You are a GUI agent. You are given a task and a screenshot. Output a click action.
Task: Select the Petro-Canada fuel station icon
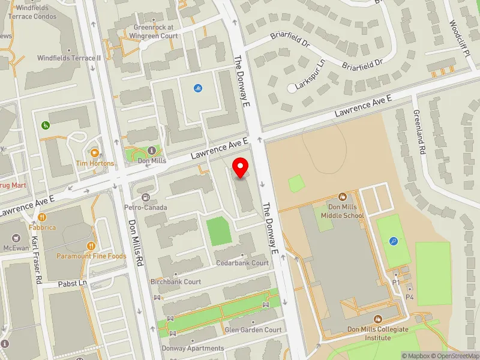pos(145,197)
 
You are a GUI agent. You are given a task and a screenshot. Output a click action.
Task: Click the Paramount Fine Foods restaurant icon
pos(91,245)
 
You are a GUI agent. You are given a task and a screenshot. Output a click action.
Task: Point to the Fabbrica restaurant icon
pos(33,218)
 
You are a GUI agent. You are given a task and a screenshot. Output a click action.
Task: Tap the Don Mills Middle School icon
pos(342,197)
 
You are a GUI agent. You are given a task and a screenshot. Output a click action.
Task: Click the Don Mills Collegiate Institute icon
pos(377,320)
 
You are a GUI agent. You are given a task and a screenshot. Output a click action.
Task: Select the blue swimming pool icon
pos(197,88)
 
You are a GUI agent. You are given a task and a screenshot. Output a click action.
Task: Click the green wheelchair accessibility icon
pos(45,125)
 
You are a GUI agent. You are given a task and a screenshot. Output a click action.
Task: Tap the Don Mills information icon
pos(151,150)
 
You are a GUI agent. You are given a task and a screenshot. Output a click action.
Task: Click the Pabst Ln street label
pos(73,283)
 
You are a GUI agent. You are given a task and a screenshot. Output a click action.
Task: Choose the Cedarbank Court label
pos(242,263)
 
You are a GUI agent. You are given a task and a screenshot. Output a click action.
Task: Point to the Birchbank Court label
pos(175,281)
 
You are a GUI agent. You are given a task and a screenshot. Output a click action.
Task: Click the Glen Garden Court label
pos(253,330)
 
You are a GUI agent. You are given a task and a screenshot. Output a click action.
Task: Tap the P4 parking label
pos(410,297)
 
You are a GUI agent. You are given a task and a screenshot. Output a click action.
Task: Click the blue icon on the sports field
pos(394,241)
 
